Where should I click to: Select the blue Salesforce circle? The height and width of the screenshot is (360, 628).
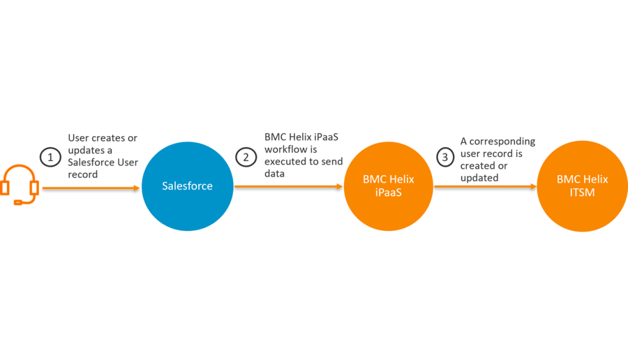click(x=187, y=186)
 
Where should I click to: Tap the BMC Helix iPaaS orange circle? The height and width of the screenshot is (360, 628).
click(x=389, y=186)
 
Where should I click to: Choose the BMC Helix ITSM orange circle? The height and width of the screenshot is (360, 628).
click(x=582, y=186)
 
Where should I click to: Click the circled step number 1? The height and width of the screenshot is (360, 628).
click(x=51, y=157)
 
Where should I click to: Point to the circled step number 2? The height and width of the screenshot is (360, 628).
click(x=246, y=157)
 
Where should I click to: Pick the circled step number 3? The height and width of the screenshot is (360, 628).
click(x=443, y=157)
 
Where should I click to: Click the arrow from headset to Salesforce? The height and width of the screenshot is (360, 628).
click(x=91, y=188)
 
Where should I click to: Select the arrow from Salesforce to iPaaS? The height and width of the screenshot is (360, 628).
click(x=289, y=187)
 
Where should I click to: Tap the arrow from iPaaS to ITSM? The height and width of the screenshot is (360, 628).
click(x=485, y=187)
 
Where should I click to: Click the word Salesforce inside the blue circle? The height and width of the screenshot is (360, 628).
click(x=187, y=186)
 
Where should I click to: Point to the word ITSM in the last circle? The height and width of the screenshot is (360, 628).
click(x=582, y=192)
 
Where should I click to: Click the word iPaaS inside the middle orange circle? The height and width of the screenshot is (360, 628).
click(x=389, y=192)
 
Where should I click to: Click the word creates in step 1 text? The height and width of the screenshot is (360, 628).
click(x=109, y=138)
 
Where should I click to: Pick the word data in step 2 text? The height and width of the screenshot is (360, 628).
click(x=274, y=173)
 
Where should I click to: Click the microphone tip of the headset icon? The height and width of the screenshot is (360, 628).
click(x=17, y=203)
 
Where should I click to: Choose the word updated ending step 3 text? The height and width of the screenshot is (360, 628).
click(x=479, y=178)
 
